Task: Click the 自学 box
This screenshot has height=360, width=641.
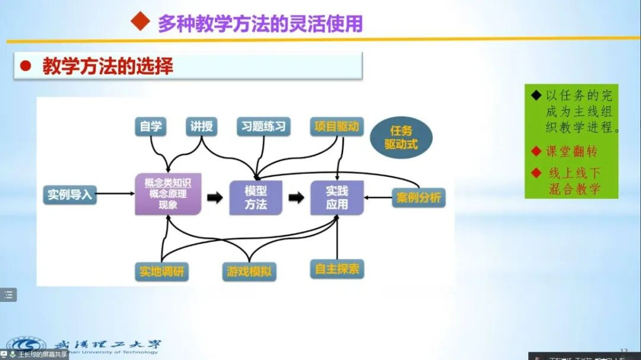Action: (150, 126)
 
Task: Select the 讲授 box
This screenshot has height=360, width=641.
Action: (201, 126)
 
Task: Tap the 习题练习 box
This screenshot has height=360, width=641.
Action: (264, 126)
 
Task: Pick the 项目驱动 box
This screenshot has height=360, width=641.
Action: (337, 126)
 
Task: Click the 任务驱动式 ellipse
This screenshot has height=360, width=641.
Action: (401, 137)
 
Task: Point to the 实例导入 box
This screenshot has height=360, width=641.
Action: (70, 194)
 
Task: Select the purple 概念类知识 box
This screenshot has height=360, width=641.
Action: (168, 193)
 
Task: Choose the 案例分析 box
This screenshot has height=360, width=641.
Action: (419, 197)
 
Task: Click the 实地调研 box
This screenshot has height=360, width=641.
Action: (162, 272)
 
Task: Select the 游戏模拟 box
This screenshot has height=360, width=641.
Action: (249, 272)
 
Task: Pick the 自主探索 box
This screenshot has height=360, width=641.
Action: (337, 269)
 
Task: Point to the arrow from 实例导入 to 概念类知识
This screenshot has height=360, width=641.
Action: (116, 193)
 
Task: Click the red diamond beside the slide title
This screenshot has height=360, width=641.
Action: (140, 22)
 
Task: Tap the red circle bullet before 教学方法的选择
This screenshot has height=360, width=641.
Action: (26, 66)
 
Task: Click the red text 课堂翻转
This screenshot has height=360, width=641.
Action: (571, 151)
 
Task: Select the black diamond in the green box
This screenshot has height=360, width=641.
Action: (537, 95)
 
